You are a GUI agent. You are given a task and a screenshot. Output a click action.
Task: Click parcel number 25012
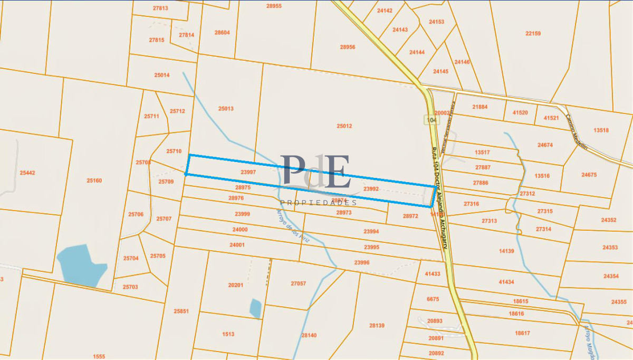point(344,126)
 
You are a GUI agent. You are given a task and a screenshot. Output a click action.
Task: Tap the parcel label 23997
point(248,172)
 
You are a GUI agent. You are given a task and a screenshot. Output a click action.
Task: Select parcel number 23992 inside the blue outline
point(371,188)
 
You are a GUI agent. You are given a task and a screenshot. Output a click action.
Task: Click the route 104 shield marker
point(431,120)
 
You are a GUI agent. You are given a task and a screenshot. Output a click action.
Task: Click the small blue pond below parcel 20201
point(255,308)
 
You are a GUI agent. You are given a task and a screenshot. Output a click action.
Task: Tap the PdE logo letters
point(315,172)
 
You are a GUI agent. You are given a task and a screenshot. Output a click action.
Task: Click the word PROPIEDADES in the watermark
point(318,203)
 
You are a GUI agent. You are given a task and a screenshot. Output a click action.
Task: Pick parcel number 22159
point(533,33)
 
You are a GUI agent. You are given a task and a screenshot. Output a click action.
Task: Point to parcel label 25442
point(27,173)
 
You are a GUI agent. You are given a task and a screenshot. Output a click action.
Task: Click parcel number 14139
point(506,251)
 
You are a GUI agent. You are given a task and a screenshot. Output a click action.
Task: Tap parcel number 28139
point(377,326)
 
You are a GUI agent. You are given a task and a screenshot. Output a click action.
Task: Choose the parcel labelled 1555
point(99,356)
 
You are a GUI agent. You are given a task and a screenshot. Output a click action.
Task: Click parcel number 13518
point(601,130)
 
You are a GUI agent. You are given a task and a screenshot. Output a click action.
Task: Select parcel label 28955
point(274,6)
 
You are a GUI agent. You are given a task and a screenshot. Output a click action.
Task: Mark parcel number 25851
point(181,311)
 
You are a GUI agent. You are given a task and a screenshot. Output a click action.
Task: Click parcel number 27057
point(298,283)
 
